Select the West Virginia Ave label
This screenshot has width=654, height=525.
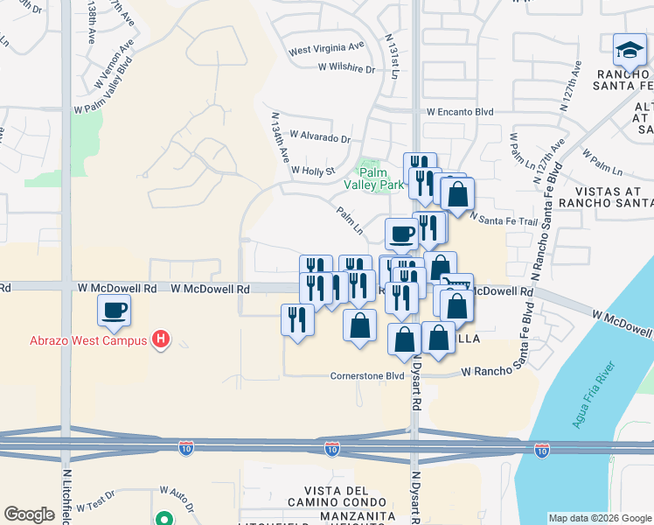pyautogui.click(x=326, y=46)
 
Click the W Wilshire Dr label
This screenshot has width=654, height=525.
pyautogui.click(x=345, y=66)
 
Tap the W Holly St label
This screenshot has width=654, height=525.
pyautogui.click(x=313, y=171)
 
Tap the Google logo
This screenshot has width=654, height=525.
pyautogui.click(x=29, y=514)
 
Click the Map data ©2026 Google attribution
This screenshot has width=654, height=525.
pyautogui.click(x=599, y=518)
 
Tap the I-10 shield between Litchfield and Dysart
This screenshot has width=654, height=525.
pyautogui.click(x=331, y=449)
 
